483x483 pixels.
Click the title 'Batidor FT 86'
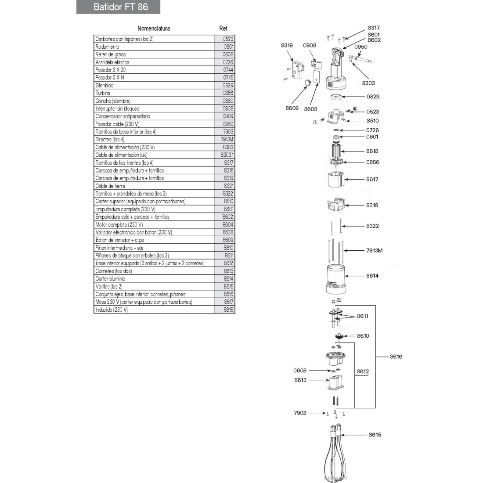(121, 7)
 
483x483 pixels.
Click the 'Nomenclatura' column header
(153, 29)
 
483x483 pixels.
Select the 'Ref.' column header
(224, 29)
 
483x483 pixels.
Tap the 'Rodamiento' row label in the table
(107, 47)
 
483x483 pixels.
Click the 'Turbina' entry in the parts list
(103, 93)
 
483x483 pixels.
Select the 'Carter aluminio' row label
(110, 279)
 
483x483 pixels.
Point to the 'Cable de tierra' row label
(110, 186)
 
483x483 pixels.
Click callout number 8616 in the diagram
(396, 357)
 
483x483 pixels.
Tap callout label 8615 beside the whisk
(375, 435)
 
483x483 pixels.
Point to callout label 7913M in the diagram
(374, 251)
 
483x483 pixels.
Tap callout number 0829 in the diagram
(372, 97)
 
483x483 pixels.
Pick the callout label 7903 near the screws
(300, 413)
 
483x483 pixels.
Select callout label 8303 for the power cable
(368, 83)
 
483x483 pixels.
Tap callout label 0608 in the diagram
(300, 371)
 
